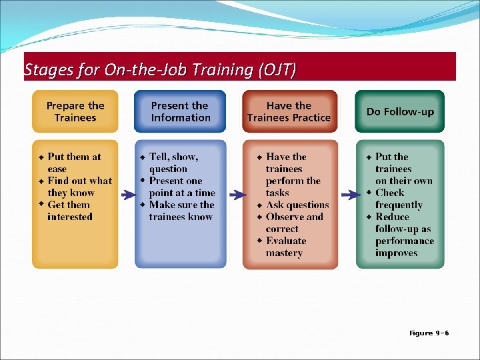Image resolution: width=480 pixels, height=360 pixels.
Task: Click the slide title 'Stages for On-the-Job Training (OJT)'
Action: pos(160,69)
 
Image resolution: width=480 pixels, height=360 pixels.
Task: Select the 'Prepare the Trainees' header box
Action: pos(75,111)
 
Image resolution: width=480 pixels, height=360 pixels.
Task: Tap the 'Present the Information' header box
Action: pos(180,111)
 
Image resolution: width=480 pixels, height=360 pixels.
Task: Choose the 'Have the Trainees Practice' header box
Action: pos(289,111)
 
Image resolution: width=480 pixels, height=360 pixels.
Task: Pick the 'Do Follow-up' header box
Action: pos(399,111)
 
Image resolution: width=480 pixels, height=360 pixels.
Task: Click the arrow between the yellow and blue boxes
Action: pos(127,195)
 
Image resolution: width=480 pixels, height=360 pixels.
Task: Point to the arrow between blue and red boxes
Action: pos(236,195)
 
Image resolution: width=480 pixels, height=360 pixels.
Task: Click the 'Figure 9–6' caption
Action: pos(429,333)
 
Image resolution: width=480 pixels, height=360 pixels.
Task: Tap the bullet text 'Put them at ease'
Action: pos(73,163)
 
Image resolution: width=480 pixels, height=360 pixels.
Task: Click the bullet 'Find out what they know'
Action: pos(79,187)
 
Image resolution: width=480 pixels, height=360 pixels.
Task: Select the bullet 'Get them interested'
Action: pos(69,211)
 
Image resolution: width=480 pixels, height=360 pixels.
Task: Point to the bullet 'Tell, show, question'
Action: pos(173,163)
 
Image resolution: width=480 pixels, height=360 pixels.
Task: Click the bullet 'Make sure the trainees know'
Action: pos(181,211)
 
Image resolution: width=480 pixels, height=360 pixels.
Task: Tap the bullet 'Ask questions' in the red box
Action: pos(297,205)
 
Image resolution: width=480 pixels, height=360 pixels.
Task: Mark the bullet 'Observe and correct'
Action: pos(294,223)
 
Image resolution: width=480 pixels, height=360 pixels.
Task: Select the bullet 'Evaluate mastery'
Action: pos(285,247)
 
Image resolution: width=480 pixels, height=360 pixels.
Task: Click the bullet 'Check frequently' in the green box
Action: pos(398,199)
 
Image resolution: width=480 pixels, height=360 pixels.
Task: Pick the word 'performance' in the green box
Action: pos(405,241)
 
